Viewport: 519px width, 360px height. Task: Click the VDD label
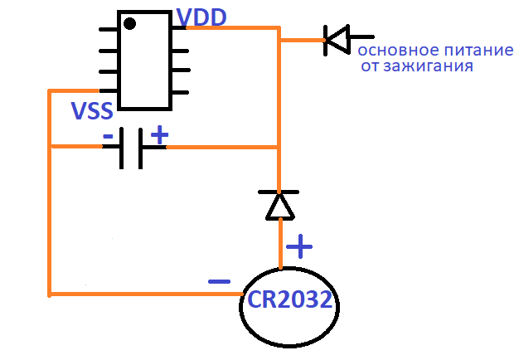pyautogui.click(x=201, y=17)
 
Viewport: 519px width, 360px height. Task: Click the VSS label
pyautogui.click(x=92, y=110)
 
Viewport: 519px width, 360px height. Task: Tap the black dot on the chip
pyautogui.click(x=129, y=23)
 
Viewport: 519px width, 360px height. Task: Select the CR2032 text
pyautogui.click(x=289, y=299)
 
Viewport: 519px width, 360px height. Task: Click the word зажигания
pyautogui.click(x=429, y=66)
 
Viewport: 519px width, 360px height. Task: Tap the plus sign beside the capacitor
pyautogui.click(x=159, y=134)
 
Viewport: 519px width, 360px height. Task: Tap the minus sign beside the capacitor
pyautogui.click(x=108, y=136)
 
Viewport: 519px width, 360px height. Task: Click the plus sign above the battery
pyautogui.click(x=299, y=246)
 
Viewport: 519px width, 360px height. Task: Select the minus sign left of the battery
pyautogui.click(x=219, y=282)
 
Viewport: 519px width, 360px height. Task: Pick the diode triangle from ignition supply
pyautogui.click(x=337, y=40)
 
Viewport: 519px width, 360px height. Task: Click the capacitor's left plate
pyautogui.click(x=122, y=148)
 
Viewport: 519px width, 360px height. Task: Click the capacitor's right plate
pyautogui.click(x=141, y=148)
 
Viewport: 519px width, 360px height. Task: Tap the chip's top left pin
pyautogui.click(x=109, y=30)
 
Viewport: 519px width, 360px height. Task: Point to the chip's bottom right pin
pyautogui.click(x=180, y=92)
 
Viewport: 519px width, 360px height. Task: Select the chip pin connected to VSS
pyautogui.click(x=109, y=90)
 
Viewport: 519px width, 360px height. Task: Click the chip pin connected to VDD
pyautogui.click(x=179, y=28)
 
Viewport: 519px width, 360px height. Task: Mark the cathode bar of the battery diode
pyautogui.click(x=279, y=192)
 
